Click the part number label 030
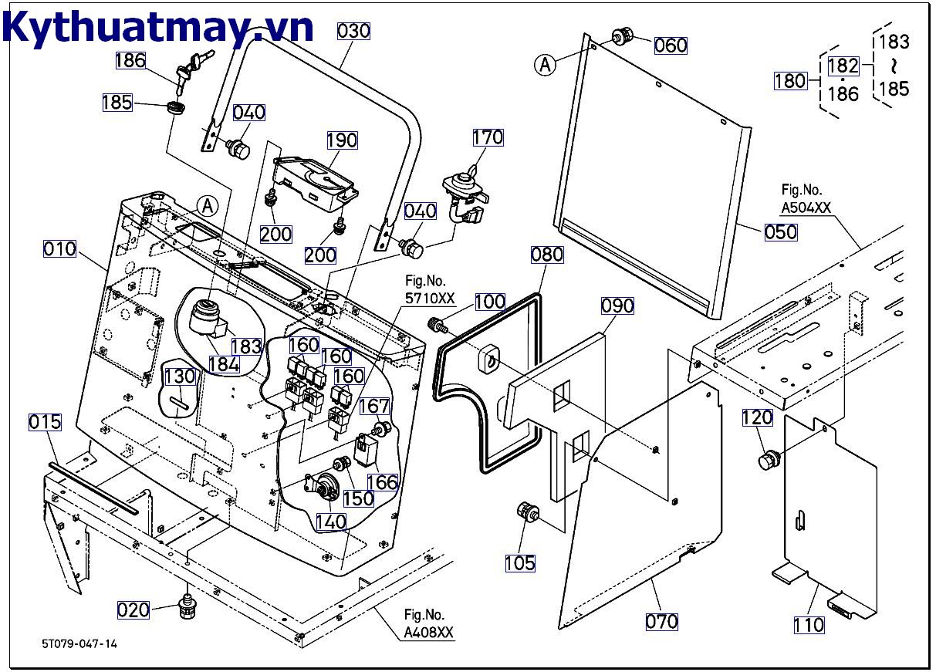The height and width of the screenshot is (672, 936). [353, 32]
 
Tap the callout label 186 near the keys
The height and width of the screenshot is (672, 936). [130, 61]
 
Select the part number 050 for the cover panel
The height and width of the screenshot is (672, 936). [781, 232]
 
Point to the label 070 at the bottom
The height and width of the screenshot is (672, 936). [662, 622]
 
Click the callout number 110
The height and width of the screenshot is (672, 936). [809, 626]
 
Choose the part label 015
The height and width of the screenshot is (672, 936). [45, 422]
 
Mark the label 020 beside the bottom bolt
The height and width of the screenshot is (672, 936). [133, 610]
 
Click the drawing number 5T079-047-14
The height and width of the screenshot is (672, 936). [79, 643]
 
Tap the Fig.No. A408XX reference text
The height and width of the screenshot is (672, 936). [428, 623]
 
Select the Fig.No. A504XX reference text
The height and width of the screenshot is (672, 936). [806, 199]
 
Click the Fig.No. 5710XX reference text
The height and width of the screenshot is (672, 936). [430, 289]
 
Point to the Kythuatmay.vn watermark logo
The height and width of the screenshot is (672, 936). [157, 27]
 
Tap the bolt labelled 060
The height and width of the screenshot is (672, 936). [623, 35]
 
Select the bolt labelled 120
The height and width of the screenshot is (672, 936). [769, 461]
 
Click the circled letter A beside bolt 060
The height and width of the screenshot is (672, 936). [546, 65]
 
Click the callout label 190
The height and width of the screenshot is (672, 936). [342, 140]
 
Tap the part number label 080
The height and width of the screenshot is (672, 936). [547, 255]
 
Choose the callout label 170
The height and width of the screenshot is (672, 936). [488, 137]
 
